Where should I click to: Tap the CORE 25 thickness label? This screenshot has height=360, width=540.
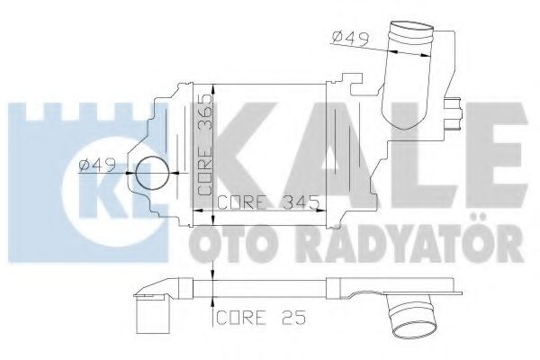[x=253, y=317]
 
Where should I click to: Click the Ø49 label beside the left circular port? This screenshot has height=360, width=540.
[x=95, y=165]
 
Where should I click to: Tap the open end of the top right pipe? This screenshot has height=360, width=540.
[x=409, y=33]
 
